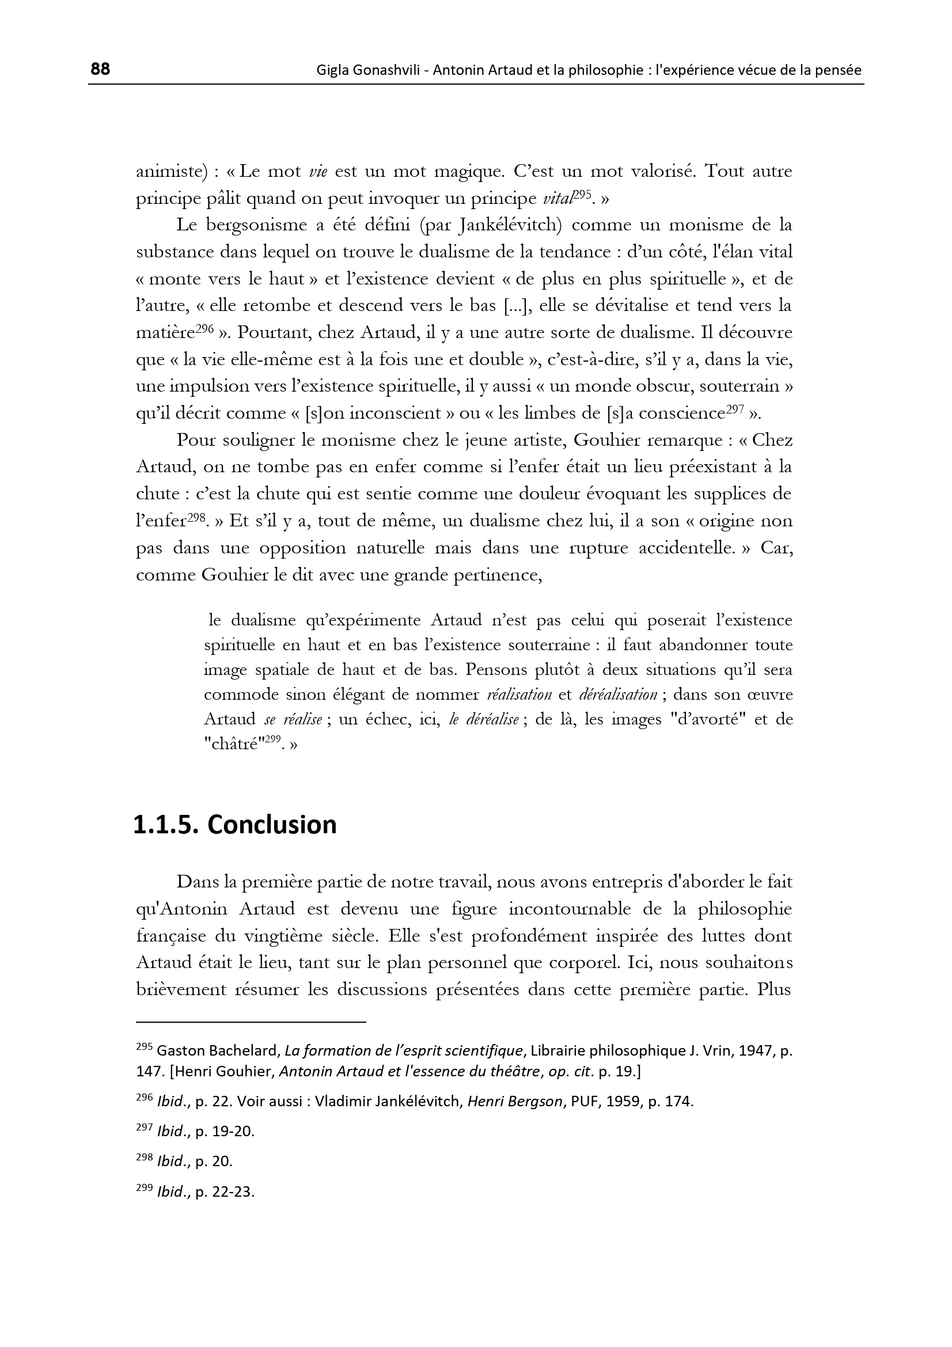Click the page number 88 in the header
pyautogui.click(x=100, y=69)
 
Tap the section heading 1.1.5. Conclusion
pyautogui.click(x=234, y=824)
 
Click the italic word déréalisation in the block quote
pyautogui.click(x=617, y=695)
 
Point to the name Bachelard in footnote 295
pyautogui.click(x=237, y=1050)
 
